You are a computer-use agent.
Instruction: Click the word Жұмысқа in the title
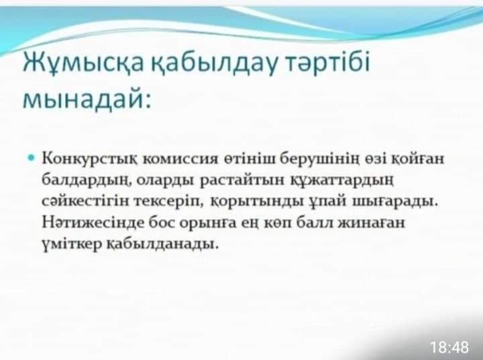pyautogui.click(x=83, y=63)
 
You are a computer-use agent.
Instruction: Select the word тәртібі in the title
pyautogui.click(x=327, y=63)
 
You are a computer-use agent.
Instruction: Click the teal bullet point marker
pyautogui.click(x=31, y=158)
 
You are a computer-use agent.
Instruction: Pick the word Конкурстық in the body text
pyautogui.click(x=90, y=160)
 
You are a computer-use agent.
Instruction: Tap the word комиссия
pyautogui.click(x=181, y=159)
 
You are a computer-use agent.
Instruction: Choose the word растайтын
pyautogui.click(x=242, y=180)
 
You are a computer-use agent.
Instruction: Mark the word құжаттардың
pyautogui.click(x=342, y=180)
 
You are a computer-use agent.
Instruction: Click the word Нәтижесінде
pyautogui.click(x=93, y=223)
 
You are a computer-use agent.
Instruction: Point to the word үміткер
pyautogui.click(x=72, y=244)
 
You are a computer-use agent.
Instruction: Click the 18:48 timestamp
pyautogui.click(x=449, y=347)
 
